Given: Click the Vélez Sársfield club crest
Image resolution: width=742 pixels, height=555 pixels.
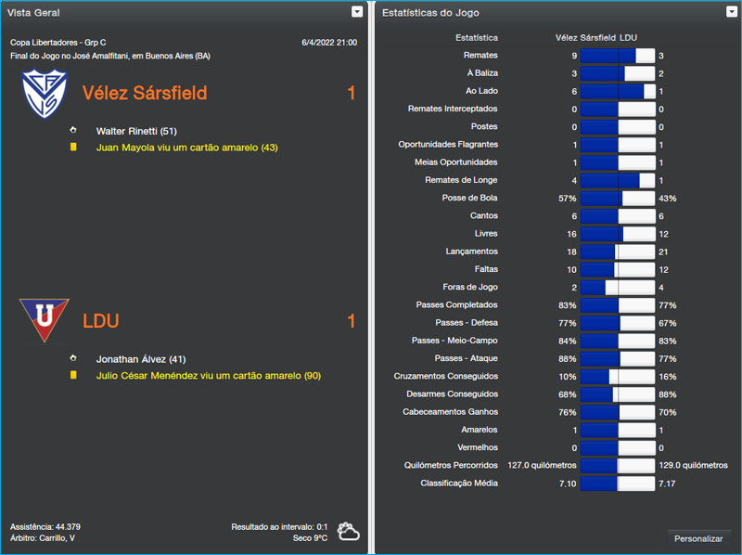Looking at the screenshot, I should (44, 93).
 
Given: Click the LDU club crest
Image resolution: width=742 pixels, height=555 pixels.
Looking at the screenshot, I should (44, 320).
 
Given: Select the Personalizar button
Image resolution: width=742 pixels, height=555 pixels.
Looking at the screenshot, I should (698, 538).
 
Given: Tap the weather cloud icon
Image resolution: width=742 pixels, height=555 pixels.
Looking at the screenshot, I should (349, 532).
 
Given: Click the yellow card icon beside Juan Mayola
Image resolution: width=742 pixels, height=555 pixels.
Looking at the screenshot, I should (72, 147).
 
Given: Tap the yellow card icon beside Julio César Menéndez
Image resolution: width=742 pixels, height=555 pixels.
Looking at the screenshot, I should (72, 375).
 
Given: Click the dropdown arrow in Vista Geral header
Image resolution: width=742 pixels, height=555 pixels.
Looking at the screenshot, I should (357, 12).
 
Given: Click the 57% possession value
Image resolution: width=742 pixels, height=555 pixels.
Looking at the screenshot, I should (567, 199).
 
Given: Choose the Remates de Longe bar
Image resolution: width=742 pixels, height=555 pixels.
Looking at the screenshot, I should (617, 180).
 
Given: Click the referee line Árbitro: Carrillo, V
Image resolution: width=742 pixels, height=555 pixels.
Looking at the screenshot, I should (43, 538).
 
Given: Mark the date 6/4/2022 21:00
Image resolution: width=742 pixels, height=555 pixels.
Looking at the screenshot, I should (329, 43).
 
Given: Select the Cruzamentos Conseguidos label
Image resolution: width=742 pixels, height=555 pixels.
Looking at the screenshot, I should (446, 376).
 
